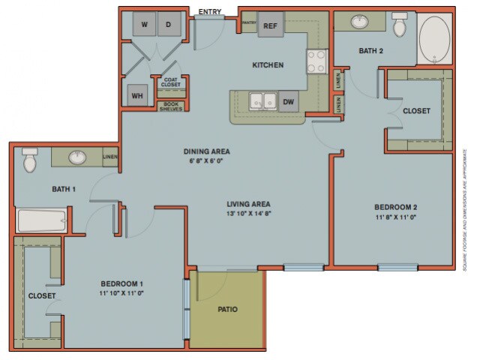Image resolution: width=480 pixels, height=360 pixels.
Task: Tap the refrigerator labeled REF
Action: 270,25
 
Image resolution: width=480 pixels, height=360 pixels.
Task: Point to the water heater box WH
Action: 137,96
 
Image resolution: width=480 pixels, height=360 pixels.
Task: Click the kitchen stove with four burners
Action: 316,59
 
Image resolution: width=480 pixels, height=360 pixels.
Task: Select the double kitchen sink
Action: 260,101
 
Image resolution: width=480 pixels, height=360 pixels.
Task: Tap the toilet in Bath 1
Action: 29,160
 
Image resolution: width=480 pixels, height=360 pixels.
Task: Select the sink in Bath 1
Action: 78,157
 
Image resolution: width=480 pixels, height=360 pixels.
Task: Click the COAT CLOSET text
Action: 170,83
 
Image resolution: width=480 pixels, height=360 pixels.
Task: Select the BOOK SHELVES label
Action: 170,106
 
